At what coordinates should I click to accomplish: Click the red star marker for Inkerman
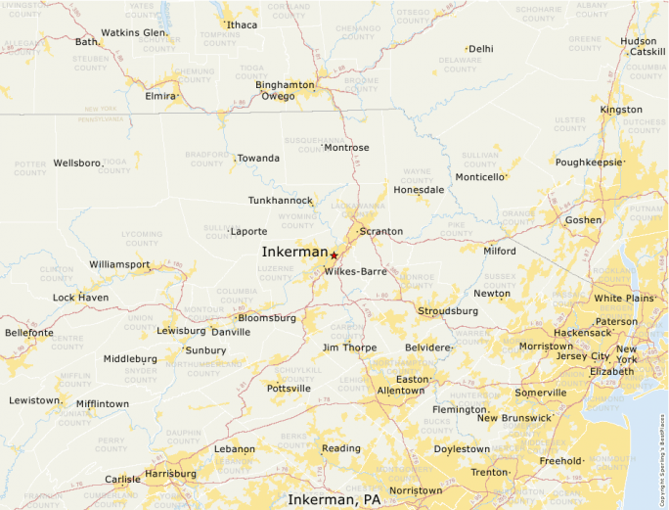334,255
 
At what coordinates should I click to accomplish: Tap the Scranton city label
380,231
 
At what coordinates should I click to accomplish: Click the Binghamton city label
285,84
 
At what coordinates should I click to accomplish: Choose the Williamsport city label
119,264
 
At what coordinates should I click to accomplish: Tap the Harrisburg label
170,473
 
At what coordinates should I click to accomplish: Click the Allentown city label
401,391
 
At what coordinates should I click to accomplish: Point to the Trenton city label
489,473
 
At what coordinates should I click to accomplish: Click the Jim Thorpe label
349,348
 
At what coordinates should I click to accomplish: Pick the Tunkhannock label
281,200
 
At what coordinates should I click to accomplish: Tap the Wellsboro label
77,162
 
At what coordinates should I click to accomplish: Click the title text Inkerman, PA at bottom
334,499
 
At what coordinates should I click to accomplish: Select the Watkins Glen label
134,32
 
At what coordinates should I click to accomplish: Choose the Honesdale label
419,189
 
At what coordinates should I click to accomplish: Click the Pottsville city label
289,389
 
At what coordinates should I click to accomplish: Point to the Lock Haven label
80,297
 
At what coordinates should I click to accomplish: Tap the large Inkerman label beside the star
294,252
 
